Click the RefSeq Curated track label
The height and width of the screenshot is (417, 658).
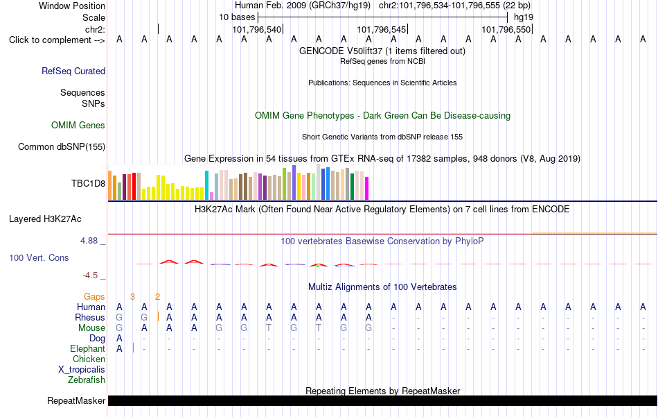pos(73,71)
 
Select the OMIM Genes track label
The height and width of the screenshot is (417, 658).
pos(78,126)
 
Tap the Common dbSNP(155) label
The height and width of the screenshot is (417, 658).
pos(62,146)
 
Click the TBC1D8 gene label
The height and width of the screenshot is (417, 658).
pos(88,183)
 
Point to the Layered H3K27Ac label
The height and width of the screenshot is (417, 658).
pos(45,219)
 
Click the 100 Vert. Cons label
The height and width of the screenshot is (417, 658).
pos(39,257)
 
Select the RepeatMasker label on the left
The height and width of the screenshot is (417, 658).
pos(76,400)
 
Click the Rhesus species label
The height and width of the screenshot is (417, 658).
pos(90,317)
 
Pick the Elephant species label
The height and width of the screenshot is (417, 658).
pos(88,349)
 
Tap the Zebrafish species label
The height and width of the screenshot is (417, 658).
pos(87,380)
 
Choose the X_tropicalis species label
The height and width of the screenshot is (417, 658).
pos(82,370)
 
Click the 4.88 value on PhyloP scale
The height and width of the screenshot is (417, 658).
pos(89,241)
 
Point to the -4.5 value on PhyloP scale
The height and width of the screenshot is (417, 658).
pos(90,275)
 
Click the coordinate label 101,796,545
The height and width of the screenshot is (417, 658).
pos(382,29)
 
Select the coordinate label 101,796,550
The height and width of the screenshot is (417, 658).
pos(506,29)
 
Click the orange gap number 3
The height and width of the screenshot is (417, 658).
pos(132,297)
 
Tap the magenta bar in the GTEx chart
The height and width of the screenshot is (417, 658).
pos(367,188)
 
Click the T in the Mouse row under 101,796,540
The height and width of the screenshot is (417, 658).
pos(269,328)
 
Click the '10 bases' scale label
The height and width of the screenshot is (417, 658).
pos(237,17)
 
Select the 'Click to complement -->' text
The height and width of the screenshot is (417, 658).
pos(57,40)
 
